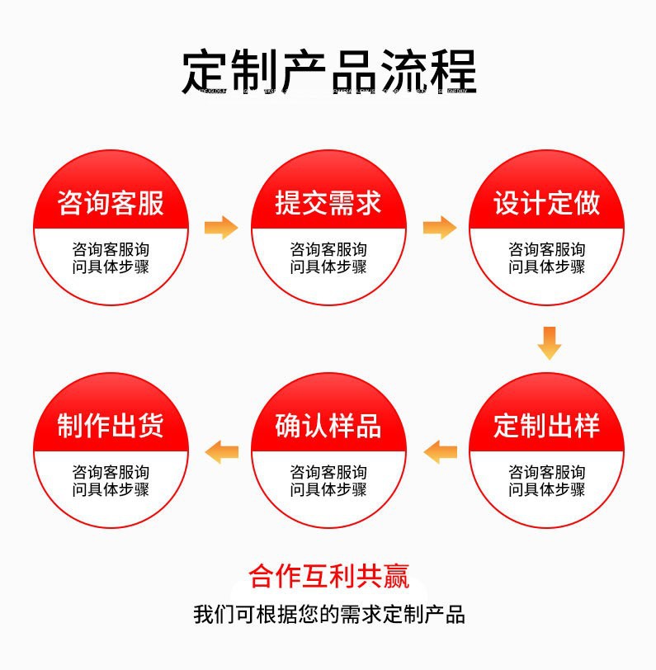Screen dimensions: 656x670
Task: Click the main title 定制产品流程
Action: (328, 71)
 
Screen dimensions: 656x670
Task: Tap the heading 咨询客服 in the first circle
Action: (111, 203)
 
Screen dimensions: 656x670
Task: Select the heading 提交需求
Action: (328, 203)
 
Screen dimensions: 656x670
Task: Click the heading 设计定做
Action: (546, 203)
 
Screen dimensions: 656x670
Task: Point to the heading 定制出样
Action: (546, 427)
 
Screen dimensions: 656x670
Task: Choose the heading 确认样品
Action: (328, 427)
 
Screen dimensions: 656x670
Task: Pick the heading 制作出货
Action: (111, 427)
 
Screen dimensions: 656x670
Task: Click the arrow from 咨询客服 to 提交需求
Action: (220, 227)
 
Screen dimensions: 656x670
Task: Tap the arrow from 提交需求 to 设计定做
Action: (439, 227)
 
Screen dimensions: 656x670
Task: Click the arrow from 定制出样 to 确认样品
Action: (440, 451)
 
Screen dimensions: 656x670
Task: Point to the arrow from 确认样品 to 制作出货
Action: (222, 451)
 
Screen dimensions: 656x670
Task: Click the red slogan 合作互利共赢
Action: (328, 576)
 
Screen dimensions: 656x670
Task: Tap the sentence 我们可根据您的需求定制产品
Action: (328, 615)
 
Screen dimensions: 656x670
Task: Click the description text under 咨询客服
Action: (111, 257)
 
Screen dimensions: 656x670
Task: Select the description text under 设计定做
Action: (546, 257)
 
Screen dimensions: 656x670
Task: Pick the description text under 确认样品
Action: (328, 481)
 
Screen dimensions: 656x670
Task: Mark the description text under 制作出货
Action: (111, 481)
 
